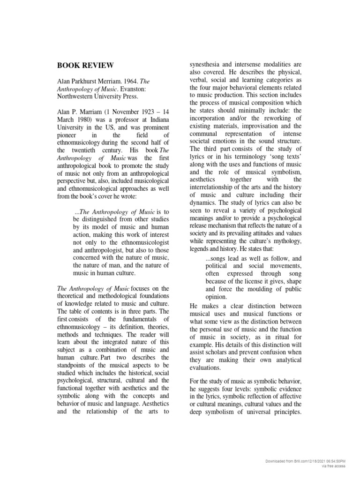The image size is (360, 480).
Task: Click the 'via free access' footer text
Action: click(x=333, y=466)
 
